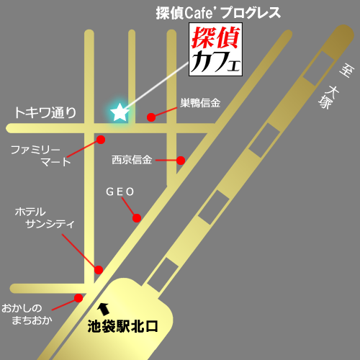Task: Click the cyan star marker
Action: click(118, 111)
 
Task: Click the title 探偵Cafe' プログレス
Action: click(218, 12)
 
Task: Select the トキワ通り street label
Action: click(45, 113)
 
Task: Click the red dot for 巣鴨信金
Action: click(150, 117)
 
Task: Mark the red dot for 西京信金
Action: click(181, 160)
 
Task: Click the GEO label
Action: click(120, 192)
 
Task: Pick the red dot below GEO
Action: click(135, 217)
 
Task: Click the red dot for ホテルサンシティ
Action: click(99, 270)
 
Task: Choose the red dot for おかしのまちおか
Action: click(78, 297)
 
